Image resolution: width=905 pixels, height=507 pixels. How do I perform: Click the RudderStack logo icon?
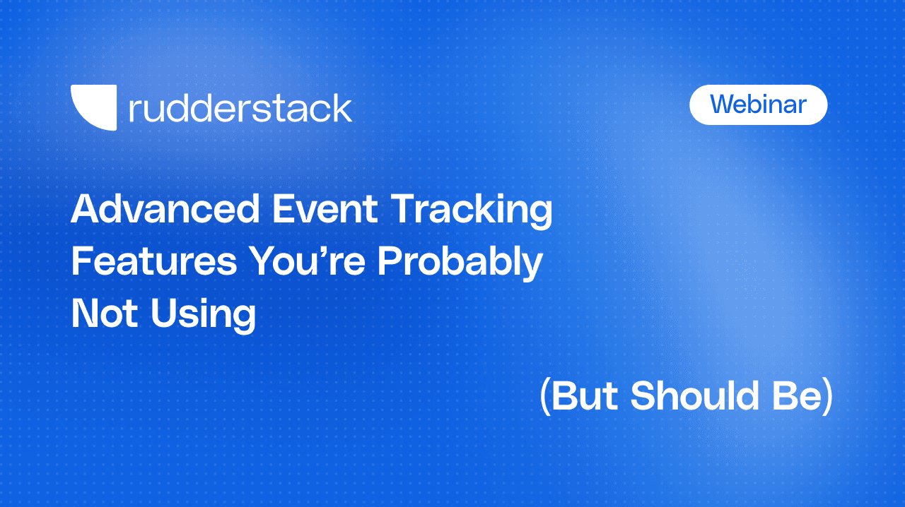pyautogui.click(x=93, y=107)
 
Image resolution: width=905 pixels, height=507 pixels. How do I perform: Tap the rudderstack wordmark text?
pyautogui.click(x=240, y=109)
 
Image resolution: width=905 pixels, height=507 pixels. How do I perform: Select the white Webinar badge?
pyautogui.click(x=758, y=105)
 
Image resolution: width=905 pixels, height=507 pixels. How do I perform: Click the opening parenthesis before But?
pyautogui.click(x=544, y=397)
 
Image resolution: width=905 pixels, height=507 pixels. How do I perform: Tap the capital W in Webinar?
pyautogui.click(x=723, y=105)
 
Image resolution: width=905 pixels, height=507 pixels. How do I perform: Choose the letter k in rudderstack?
pyautogui.click(x=341, y=109)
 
